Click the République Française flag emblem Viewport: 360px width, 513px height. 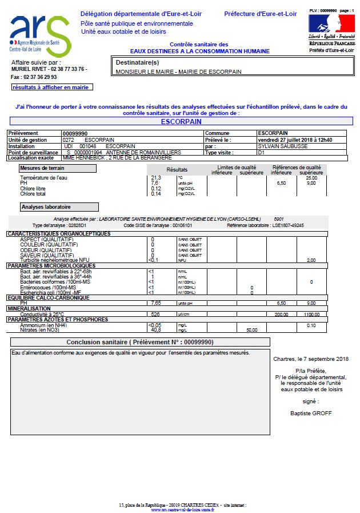tap(331, 23)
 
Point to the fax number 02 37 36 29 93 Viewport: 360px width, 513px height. tap(41, 77)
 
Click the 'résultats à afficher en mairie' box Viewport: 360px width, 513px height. tap(51, 88)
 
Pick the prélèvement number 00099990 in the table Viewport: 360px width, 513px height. tap(75, 133)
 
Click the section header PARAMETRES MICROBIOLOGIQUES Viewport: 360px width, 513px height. tap(51, 266)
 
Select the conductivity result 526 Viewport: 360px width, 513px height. tap(155, 314)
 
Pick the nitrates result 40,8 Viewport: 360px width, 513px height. tap(155, 330)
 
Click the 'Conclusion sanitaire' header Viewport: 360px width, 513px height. tap(140, 342)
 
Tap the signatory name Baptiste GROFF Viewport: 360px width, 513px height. tap(310, 412)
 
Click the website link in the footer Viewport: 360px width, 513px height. tap(183, 510)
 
